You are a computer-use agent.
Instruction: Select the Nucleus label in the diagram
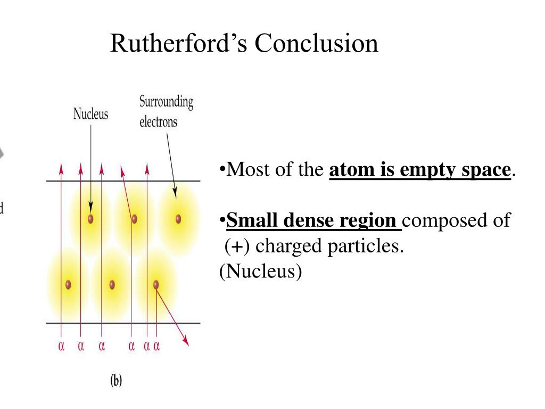point(90,114)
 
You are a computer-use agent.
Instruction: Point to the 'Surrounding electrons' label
point(166,111)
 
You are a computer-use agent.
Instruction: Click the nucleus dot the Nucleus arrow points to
point(90,218)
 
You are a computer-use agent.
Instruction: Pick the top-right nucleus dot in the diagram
point(178,218)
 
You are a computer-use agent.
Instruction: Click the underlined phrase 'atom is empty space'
point(420,170)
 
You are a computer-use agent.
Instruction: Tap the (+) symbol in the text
point(235,247)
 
